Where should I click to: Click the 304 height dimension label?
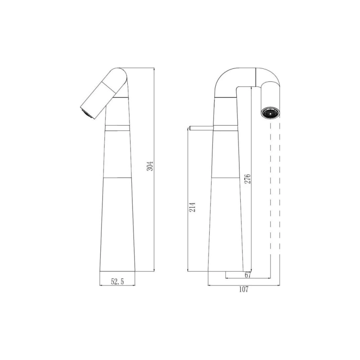click(x=150, y=166)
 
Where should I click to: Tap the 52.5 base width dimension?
click(x=117, y=281)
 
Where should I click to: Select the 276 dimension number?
click(x=247, y=179)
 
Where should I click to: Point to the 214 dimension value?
click(x=192, y=207)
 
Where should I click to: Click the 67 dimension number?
click(x=247, y=275)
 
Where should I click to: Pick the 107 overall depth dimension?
click(x=243, y=289)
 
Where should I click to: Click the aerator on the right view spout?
click(x=270, y=113)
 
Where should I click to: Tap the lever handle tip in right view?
click(x=189, y=128)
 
